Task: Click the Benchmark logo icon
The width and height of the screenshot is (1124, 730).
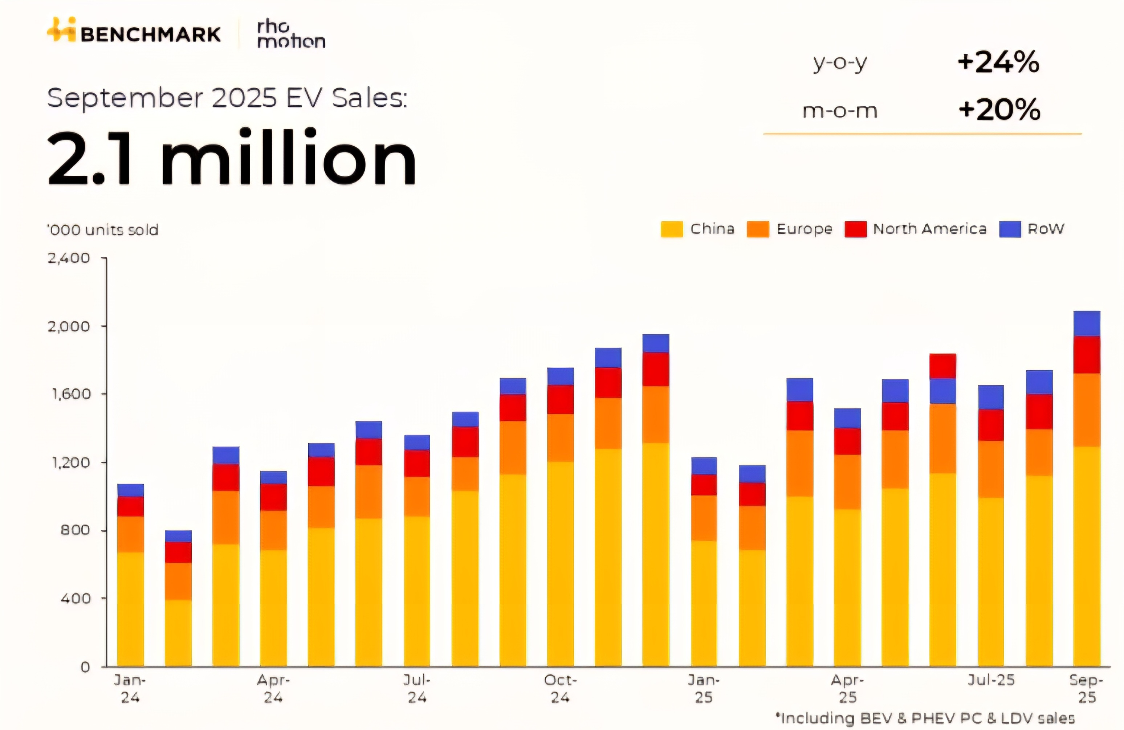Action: point(61,30)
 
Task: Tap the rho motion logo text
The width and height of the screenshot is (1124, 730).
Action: point(291,34)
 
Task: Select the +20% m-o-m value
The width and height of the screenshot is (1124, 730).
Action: point(999,110)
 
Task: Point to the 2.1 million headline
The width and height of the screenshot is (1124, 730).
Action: point(231,157)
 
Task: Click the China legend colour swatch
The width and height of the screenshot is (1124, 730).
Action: point(672,229)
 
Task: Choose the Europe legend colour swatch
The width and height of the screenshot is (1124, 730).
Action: point(758,229)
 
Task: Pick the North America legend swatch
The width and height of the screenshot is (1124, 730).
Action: point(855,229)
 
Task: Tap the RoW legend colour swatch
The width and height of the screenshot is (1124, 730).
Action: point(1010,229)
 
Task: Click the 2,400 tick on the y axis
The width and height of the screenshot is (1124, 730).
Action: point(69,258)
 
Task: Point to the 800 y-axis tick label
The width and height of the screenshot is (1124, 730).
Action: point(75,530)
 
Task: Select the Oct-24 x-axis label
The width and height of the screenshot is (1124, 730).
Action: point(560,689)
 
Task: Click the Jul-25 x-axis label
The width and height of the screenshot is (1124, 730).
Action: point(991,680)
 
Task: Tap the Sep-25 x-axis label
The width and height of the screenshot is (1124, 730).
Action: point(1086,689)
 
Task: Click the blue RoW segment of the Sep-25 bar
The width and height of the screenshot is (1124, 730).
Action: point(1087,323)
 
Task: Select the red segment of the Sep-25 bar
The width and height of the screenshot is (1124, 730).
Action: point(1087,355)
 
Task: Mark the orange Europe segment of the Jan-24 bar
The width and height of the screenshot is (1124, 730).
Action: point(130,534)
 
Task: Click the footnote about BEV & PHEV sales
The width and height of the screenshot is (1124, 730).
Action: point(926,718)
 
